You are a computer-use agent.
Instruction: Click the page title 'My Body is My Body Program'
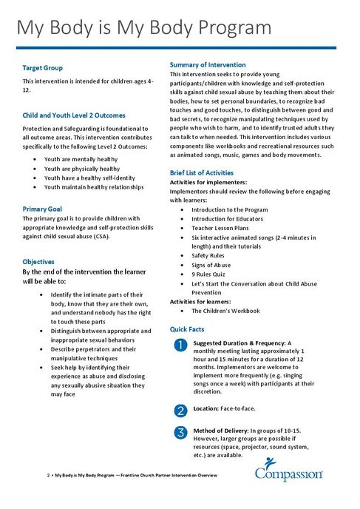(x=144, y=28)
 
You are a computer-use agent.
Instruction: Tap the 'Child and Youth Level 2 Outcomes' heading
(x=74, y=115)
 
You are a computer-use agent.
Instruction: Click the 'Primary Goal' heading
(x=45, y=209)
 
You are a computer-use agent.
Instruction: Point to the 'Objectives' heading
(x=38, y=262)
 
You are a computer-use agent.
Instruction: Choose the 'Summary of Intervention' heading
(x=208, y=65)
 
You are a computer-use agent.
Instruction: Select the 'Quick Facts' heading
(x=187, y=328)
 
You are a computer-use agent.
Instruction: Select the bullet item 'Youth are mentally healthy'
(x=81, y=159)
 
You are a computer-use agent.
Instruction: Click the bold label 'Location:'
(x=207, y=408)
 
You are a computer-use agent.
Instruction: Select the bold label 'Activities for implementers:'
(x=208, y=181)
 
